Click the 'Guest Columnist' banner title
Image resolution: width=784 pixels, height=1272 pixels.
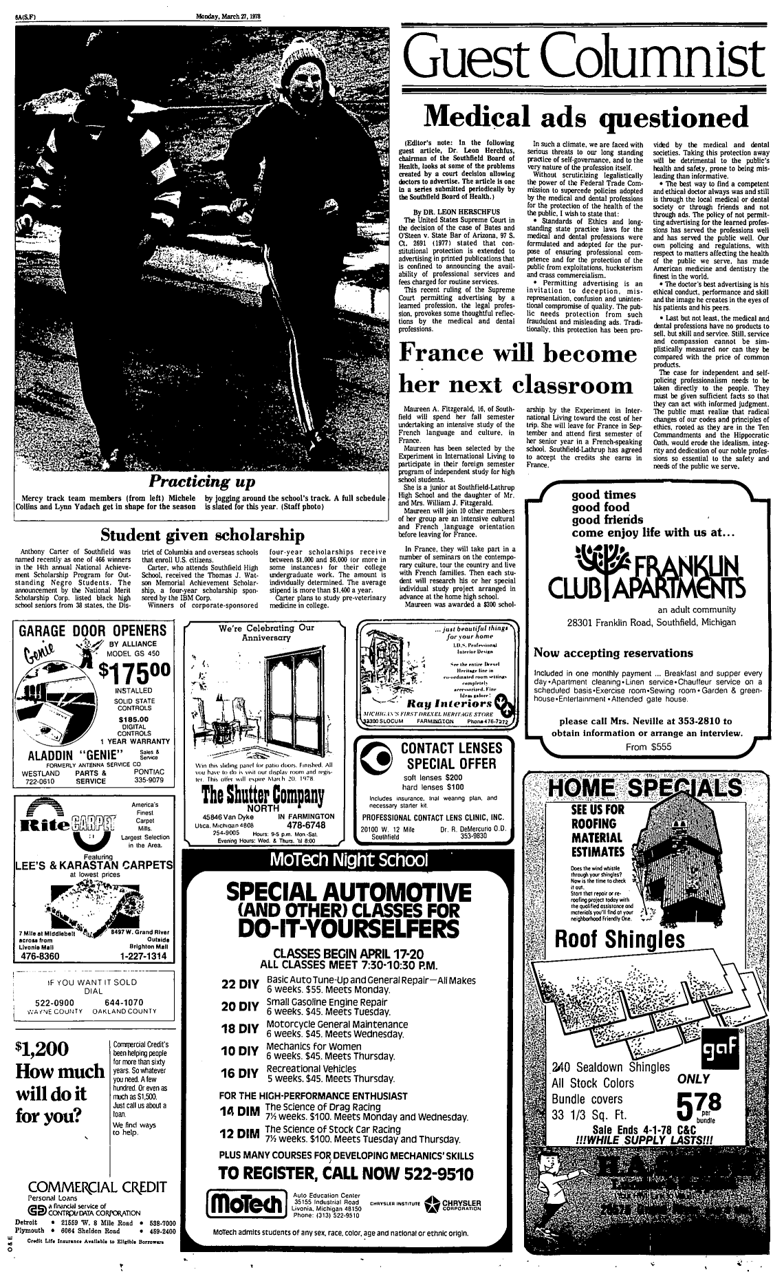point(585,54)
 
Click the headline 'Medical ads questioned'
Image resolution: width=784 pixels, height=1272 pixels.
point(585,116)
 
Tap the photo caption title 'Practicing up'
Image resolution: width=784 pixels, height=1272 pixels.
point(203,479)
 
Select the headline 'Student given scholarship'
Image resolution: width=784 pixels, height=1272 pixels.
point(203,535)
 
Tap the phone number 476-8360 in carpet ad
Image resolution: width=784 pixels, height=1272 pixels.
point(41,956)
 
